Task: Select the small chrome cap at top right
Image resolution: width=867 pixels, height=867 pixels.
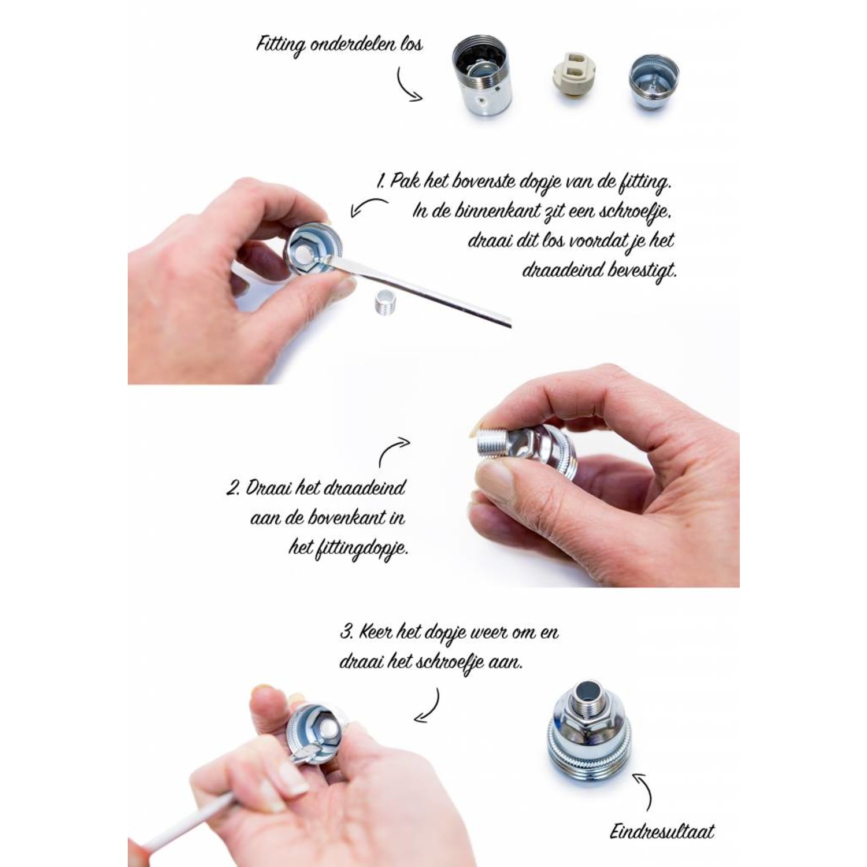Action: tap(653, 79)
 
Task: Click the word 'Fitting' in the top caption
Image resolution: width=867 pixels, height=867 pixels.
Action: tap(280, 45)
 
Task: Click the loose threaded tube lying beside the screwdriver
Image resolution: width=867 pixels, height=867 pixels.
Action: tap(381, 300)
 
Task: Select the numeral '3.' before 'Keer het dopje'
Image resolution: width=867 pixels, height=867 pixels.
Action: tap(346, 632)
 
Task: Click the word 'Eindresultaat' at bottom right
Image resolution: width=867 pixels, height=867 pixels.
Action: tap(662, 832)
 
